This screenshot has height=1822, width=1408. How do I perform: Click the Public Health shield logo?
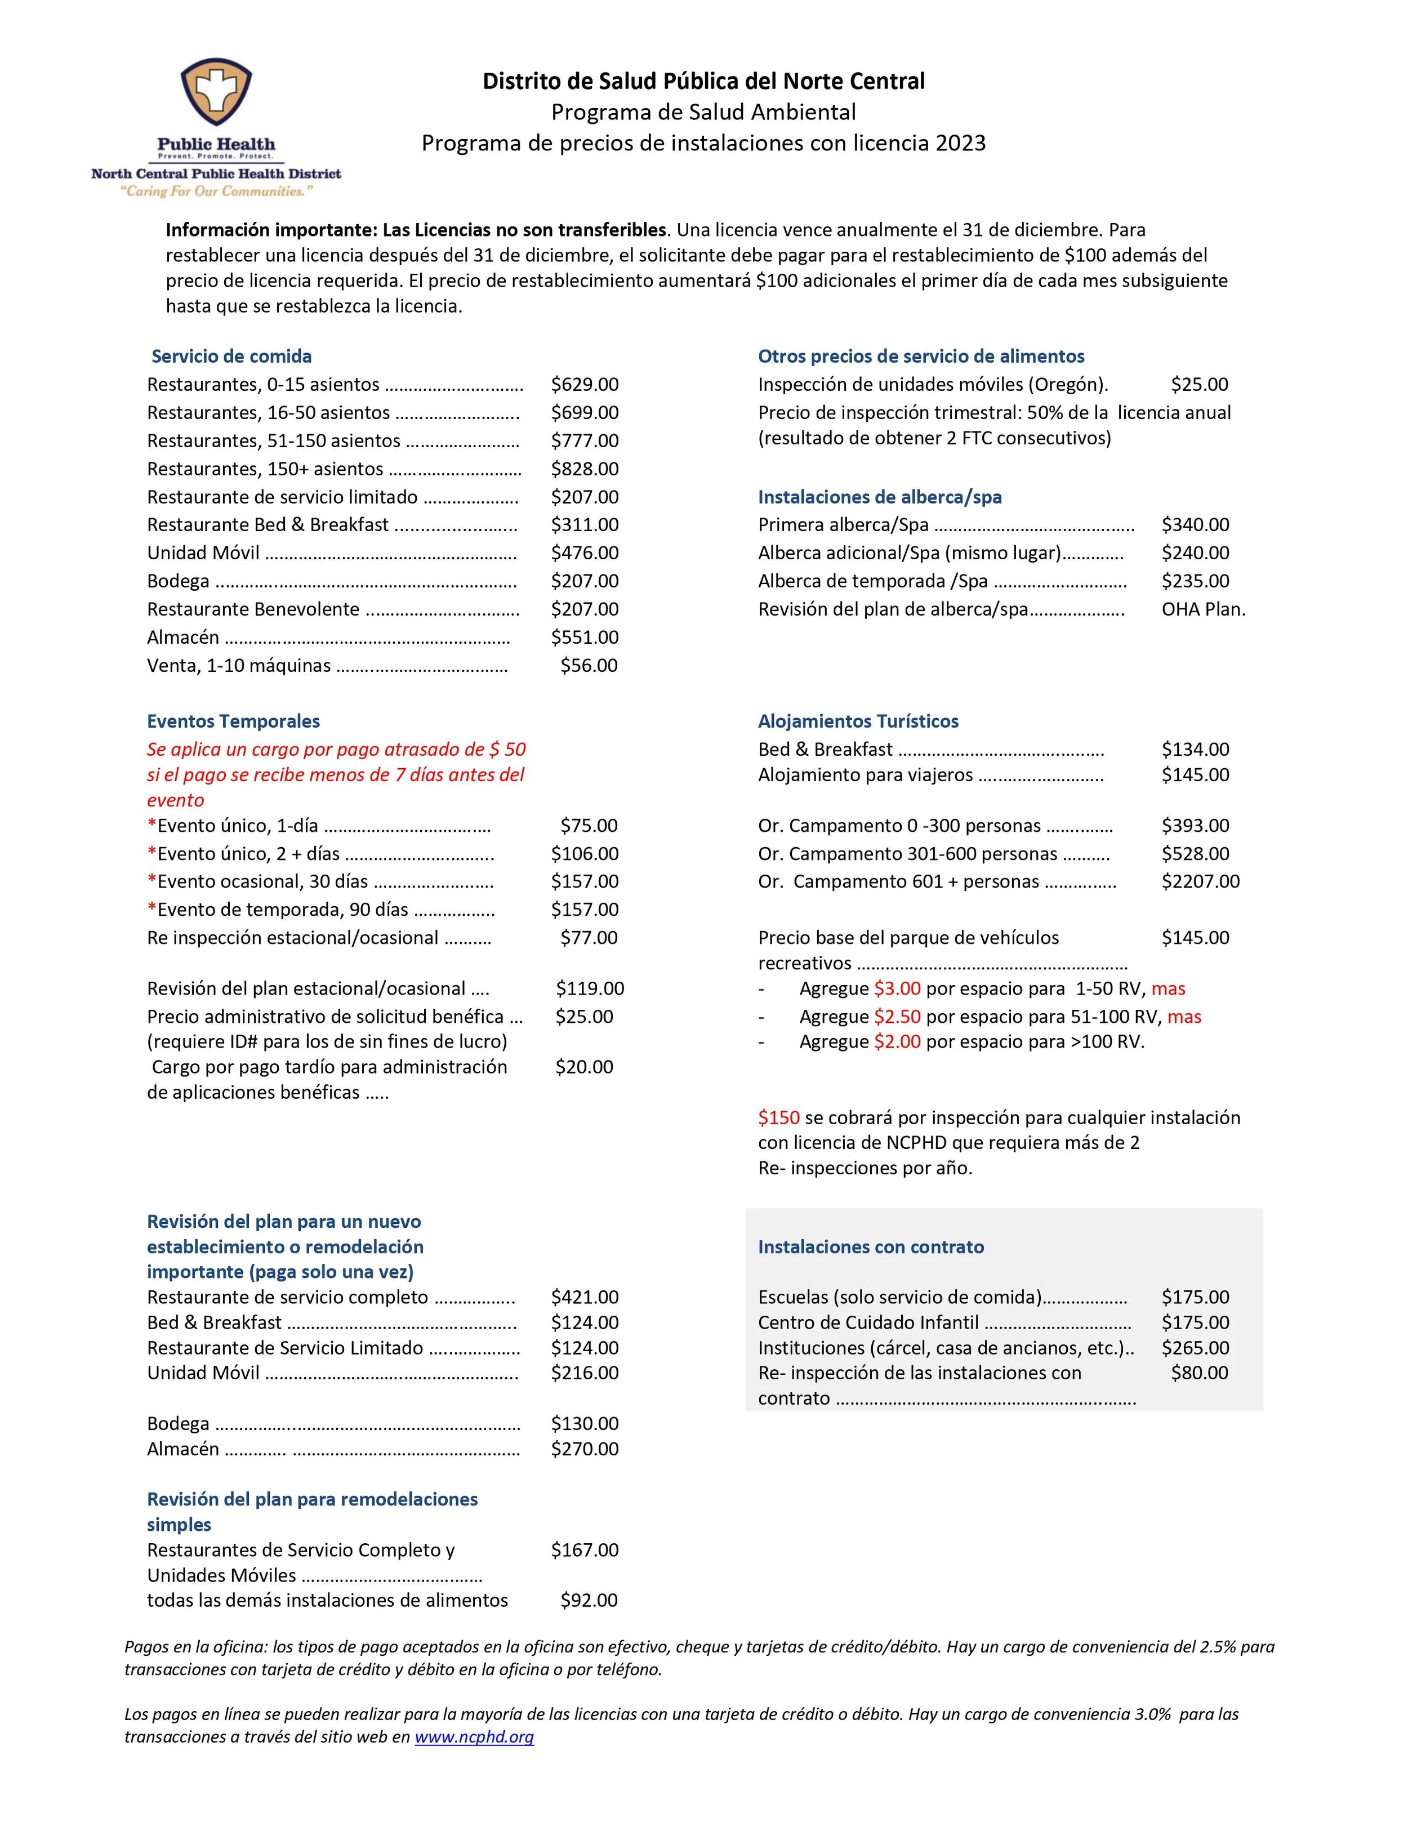(216, 93)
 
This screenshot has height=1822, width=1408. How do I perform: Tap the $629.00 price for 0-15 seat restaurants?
(584, 385)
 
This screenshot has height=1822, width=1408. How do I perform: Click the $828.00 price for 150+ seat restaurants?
(584, 469)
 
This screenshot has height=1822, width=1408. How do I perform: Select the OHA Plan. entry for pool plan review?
(1203, 609)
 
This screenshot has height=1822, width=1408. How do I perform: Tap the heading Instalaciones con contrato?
(870, 1247)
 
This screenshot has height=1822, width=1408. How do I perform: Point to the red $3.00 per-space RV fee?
(897, 988)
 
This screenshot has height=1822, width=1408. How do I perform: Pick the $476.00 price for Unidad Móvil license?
(584, 553)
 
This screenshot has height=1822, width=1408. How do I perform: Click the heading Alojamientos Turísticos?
(858, 721)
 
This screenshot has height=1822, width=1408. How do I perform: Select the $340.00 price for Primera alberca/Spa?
(1195, 525)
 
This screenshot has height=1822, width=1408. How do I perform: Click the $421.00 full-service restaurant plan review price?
(584, 1297)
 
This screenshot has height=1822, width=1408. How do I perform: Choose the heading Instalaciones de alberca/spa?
(879, 497)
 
